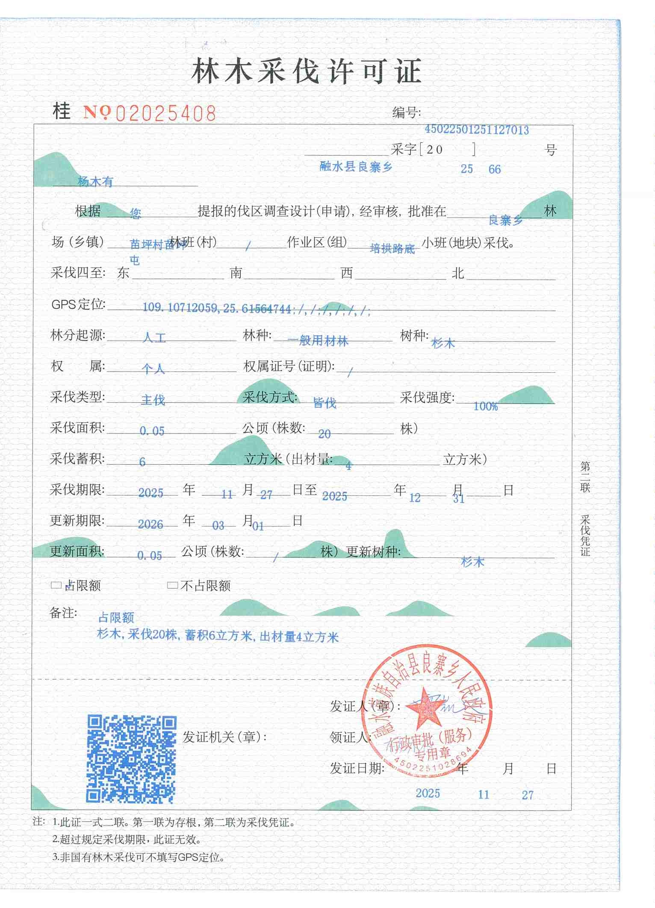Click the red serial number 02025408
click(166, 113)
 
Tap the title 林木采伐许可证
click(307, 71)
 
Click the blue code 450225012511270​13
click(477, 130)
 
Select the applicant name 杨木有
click(95, 182)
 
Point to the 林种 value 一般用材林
click(318, 341)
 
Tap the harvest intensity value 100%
click(486, 407)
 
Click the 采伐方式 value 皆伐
click(325, 403)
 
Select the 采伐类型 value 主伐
click(153, 400)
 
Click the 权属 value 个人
click(153, 369)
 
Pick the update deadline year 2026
click(150, 525)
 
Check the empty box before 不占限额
click(172, 585)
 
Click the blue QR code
click(132, 759)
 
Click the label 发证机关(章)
click(224, 737)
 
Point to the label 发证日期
click(357, 769)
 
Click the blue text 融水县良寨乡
click(356, 167)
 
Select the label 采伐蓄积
click(77, 459)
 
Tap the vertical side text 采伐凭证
click(585, 535)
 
